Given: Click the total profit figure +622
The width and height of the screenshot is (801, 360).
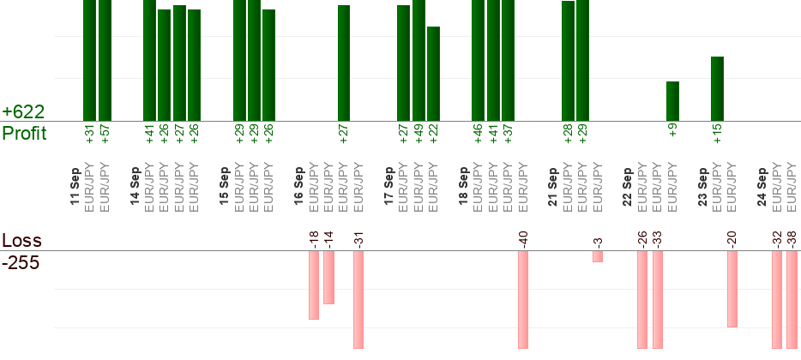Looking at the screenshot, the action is tap(23, 111).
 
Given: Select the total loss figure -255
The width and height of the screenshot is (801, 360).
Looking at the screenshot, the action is tap(21, 263).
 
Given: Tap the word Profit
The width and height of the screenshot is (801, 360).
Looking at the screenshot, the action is tap(25, 133).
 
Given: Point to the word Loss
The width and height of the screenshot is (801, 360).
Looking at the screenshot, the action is tap(22, 241).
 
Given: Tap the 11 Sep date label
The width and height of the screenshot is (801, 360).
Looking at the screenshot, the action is tap(75, 186).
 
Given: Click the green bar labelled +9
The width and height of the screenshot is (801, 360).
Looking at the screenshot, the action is tap(672, 101).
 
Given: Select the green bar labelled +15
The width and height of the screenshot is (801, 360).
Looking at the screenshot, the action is tap(717, 89).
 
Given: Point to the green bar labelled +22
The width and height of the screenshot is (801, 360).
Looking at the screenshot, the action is tap(433, 74).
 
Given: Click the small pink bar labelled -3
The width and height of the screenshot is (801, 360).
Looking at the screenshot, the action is tap(598, 256).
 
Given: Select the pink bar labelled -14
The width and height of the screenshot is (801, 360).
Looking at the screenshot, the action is tap(329, 277).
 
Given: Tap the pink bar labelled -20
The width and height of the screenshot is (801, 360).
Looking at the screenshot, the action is tap(732, 289).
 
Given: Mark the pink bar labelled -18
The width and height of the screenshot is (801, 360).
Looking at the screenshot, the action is tap(314, 285).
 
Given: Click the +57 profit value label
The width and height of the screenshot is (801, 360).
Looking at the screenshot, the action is tap(105, 133).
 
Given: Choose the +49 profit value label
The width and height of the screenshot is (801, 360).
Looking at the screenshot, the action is tap(419, 133).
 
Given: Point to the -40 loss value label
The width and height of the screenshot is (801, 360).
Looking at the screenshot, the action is tap(522, 239).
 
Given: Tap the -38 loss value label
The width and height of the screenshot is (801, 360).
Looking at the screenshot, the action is tap(792, 239).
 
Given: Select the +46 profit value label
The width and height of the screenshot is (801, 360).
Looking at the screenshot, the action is tap(479, 133).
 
